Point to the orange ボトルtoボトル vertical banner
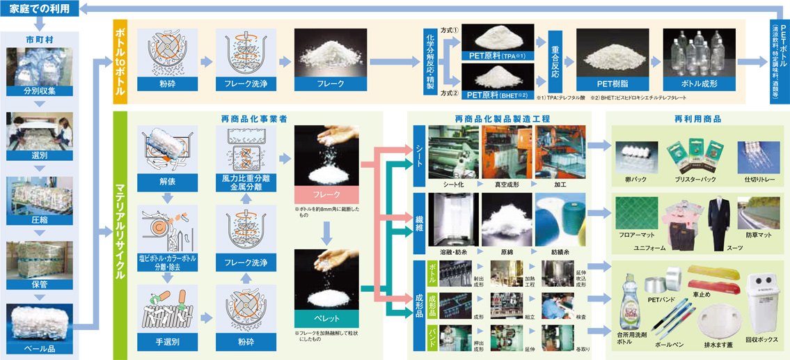[120, 62]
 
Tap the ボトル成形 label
[699, 84]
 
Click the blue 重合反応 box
[555, 61]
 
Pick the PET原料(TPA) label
[497, 55]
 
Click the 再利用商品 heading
[696, 119]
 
